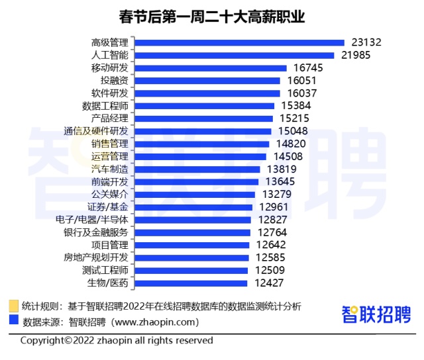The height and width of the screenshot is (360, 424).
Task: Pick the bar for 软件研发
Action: (207, 93)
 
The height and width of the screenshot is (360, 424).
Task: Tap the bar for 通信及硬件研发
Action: (202, 131)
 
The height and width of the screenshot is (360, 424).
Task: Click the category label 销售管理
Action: (110, 144)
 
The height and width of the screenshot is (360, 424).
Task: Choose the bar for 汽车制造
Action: (197, 169)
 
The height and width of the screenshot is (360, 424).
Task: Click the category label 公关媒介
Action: (110, 194)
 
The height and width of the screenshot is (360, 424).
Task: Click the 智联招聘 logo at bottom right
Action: (376, 314)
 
